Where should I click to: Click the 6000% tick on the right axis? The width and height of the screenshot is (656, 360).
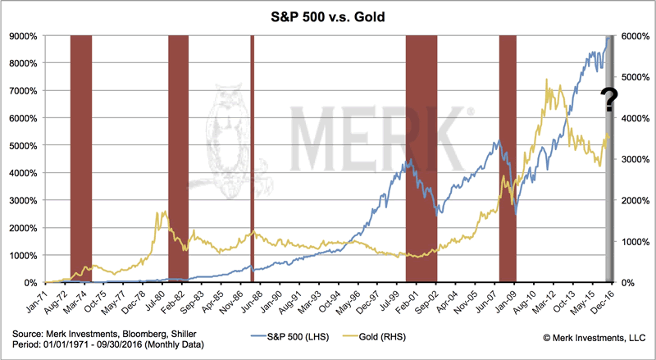pos(637,36)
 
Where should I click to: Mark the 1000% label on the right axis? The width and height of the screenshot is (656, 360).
pos(637,241)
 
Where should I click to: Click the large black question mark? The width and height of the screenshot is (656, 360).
pos(609,100)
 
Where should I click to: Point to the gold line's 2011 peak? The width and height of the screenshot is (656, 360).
pos(547,81)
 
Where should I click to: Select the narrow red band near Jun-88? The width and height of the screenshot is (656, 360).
pos(252,156)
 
